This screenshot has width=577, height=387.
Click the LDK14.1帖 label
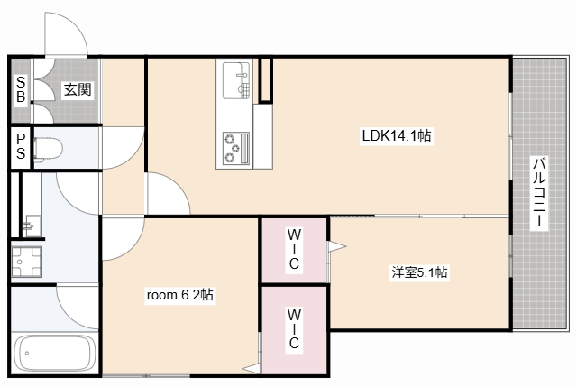(x=397, y=136)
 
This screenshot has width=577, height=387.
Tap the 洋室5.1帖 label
(x=419, y=272)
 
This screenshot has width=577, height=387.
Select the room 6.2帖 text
(x=180, y=295)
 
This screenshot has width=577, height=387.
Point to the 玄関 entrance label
(x=78, y=89)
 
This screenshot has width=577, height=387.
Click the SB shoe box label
(x=21, y=89)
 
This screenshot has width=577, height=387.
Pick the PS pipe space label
(x=21, y=146)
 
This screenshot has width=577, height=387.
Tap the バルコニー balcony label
(x=539, y=192)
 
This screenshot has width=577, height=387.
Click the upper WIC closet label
(x=294, y=249)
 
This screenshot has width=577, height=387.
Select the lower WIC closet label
(x=294, y=329)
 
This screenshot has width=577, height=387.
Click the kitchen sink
(x=236, y=80)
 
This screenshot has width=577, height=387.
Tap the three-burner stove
(x=236, y=148)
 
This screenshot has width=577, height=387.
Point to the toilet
(x=48, y=149)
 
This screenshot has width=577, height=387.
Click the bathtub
(x=54, y=353)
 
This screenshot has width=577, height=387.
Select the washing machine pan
(x=26, y=262)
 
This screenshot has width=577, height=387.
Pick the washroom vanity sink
(x=32, y=226)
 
